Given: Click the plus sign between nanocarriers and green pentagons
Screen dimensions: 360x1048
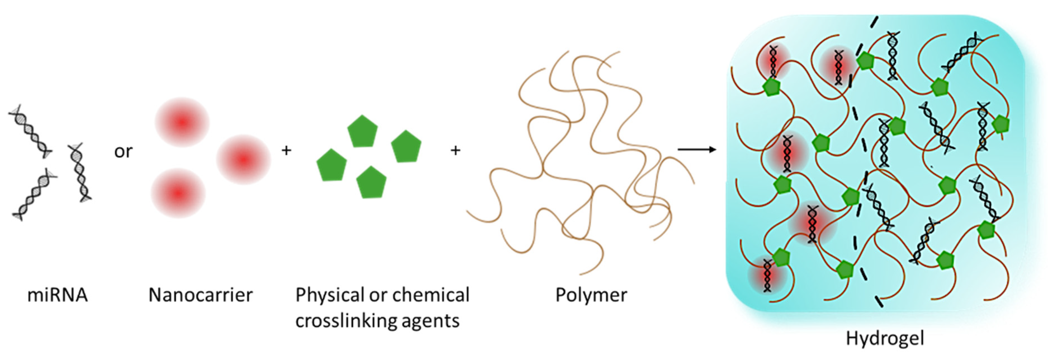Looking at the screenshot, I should coord(287,150).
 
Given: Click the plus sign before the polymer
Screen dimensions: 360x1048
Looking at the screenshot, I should coord(455,150).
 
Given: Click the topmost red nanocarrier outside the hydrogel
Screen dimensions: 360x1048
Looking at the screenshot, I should coord(182,122).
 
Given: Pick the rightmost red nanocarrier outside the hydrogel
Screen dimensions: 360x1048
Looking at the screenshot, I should coord(243,160).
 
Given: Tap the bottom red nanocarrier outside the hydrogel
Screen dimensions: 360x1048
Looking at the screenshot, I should coord(178,193).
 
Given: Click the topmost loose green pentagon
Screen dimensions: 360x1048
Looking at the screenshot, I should coord(362,131).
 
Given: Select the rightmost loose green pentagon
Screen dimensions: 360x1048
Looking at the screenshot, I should coord(406,146).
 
